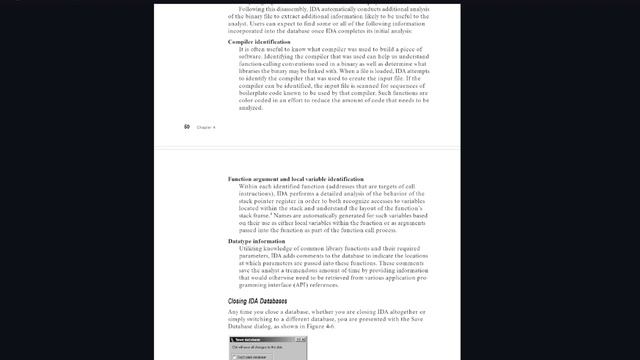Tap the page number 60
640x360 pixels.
click(187, 127)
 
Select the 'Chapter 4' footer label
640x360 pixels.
click(206, 127)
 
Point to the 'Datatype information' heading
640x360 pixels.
click(257, 241)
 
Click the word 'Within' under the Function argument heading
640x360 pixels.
click(252, 186)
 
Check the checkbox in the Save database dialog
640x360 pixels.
click(234, 356)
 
